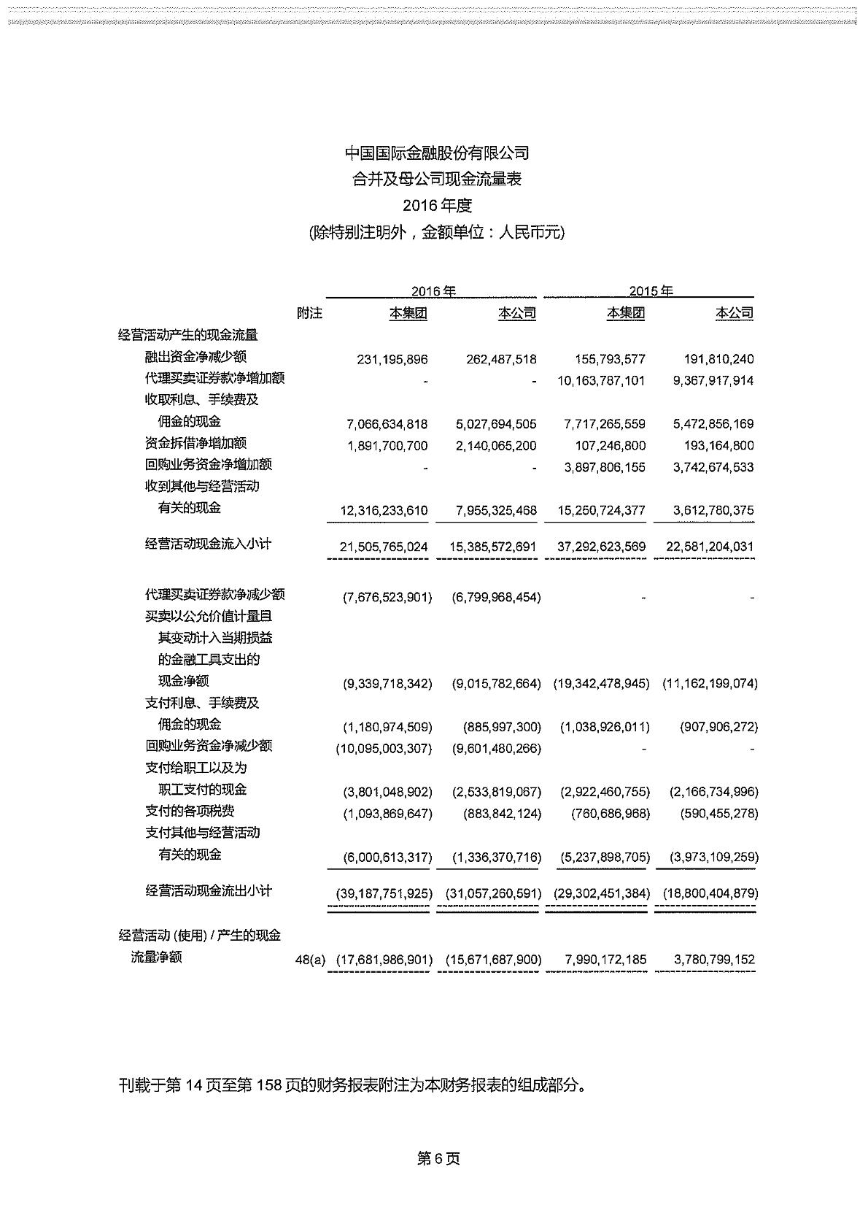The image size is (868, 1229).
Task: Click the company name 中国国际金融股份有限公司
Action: [437, 153]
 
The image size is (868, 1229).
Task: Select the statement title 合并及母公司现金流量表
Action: [437, 180]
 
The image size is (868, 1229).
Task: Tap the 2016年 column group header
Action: [433, 291]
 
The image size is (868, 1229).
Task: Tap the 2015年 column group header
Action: [651, 291]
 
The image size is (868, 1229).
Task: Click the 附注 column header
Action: [309, 313]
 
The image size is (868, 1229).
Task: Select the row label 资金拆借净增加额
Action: [195, 443]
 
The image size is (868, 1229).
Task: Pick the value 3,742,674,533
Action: [713, 467]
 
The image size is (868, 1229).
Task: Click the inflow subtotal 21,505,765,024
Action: [384, 547]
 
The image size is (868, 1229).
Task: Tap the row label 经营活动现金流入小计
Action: [209, 544]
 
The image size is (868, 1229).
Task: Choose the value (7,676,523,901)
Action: [387, 598]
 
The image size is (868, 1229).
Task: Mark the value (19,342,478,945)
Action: [601, 684]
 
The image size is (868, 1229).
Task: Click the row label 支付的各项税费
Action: [190, 811]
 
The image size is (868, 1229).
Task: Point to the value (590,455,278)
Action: [713, 814]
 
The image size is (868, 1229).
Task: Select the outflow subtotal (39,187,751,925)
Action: [384, 893]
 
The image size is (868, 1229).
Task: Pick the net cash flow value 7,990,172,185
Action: [605, 960]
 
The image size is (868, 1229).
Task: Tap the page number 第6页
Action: [438, 1159]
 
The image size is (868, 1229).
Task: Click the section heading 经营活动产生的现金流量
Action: [188, 335]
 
